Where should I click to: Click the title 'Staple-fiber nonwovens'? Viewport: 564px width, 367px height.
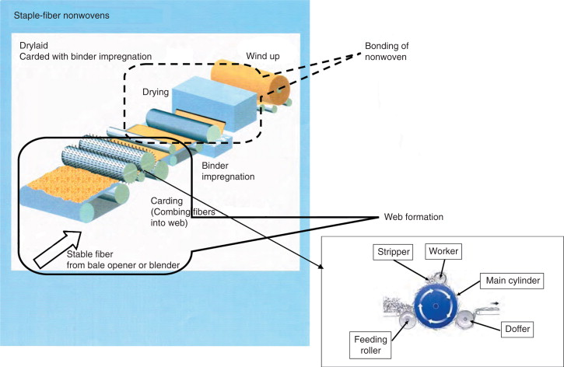(x=54, y=15)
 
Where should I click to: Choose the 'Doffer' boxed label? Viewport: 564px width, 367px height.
(x=514, y=329)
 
